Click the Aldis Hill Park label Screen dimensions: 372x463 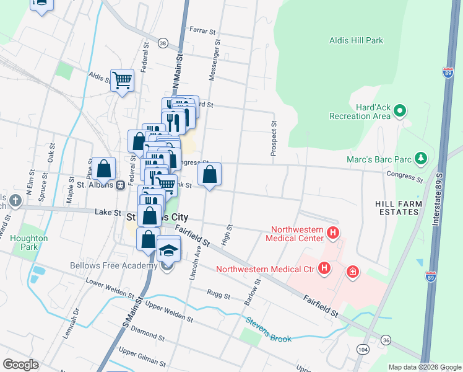(356, 41)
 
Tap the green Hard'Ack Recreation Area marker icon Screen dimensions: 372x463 (400, 112)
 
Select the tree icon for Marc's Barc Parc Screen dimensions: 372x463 (421, 158)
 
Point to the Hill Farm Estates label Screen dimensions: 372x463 (399, 208)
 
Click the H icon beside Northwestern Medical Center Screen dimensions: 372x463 (333, 233)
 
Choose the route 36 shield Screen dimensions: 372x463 (386, 340)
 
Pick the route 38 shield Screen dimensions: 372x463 (163, 43)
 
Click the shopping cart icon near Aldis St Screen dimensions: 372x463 (123, 79)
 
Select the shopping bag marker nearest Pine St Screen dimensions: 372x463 (105, 168)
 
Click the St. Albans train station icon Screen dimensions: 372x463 (121, 185)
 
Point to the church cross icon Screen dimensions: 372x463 (15, 201)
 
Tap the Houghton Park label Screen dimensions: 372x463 (25, 242)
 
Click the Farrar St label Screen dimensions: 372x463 (202, 30)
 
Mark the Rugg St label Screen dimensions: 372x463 (219, 293)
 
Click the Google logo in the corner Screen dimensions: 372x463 (20, 365)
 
